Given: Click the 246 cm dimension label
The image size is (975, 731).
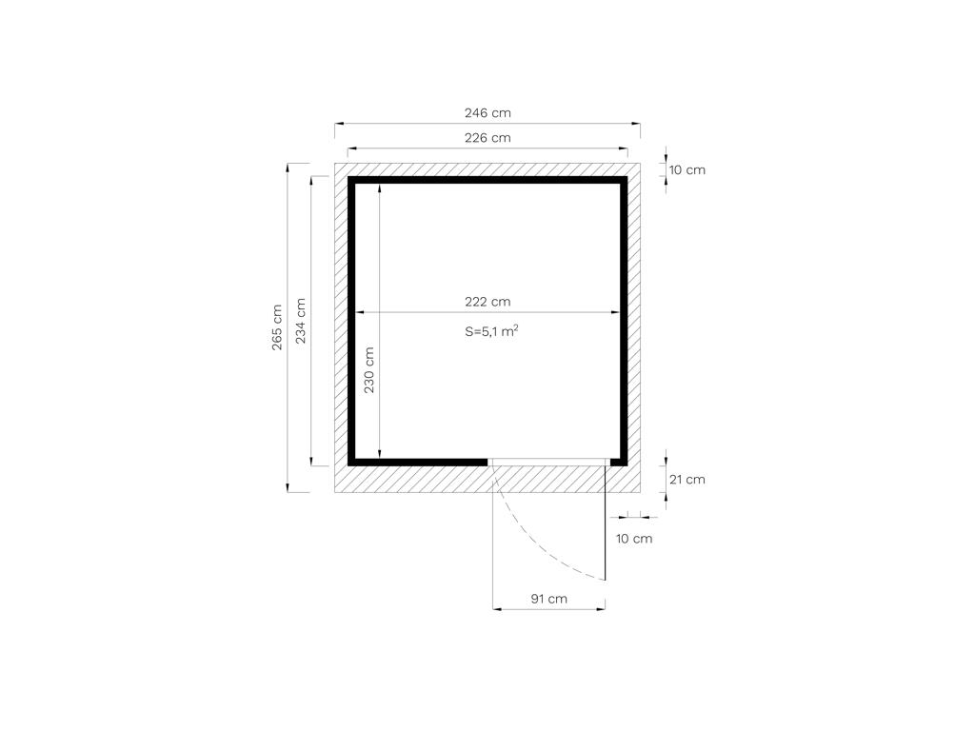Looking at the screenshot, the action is coord(487,113).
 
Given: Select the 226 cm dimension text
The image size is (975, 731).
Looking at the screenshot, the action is coord(487,138).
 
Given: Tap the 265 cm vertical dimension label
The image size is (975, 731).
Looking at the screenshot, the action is coord(277,327).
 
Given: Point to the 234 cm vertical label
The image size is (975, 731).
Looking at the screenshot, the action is coord(301,322).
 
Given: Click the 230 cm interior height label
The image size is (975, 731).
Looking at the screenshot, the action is coord(369,370).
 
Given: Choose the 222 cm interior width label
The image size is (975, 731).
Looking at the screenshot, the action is coord(487,302).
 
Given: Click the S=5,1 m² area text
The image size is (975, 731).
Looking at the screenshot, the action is coord(491,331).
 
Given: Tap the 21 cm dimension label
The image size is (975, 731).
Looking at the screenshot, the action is coord(687,480).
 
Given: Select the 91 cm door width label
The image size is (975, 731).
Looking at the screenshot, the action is coord(549,599).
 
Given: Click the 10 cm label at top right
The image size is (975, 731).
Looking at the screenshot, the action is coord(687,169).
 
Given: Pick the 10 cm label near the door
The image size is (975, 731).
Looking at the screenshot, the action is coord(634,539).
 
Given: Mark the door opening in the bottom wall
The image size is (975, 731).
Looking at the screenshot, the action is coord(548,462).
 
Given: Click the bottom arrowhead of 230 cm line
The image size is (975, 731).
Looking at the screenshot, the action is coord(379,453).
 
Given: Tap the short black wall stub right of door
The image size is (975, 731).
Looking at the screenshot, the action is coord(619,462).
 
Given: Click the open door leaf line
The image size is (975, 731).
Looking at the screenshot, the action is coord(605,523).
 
